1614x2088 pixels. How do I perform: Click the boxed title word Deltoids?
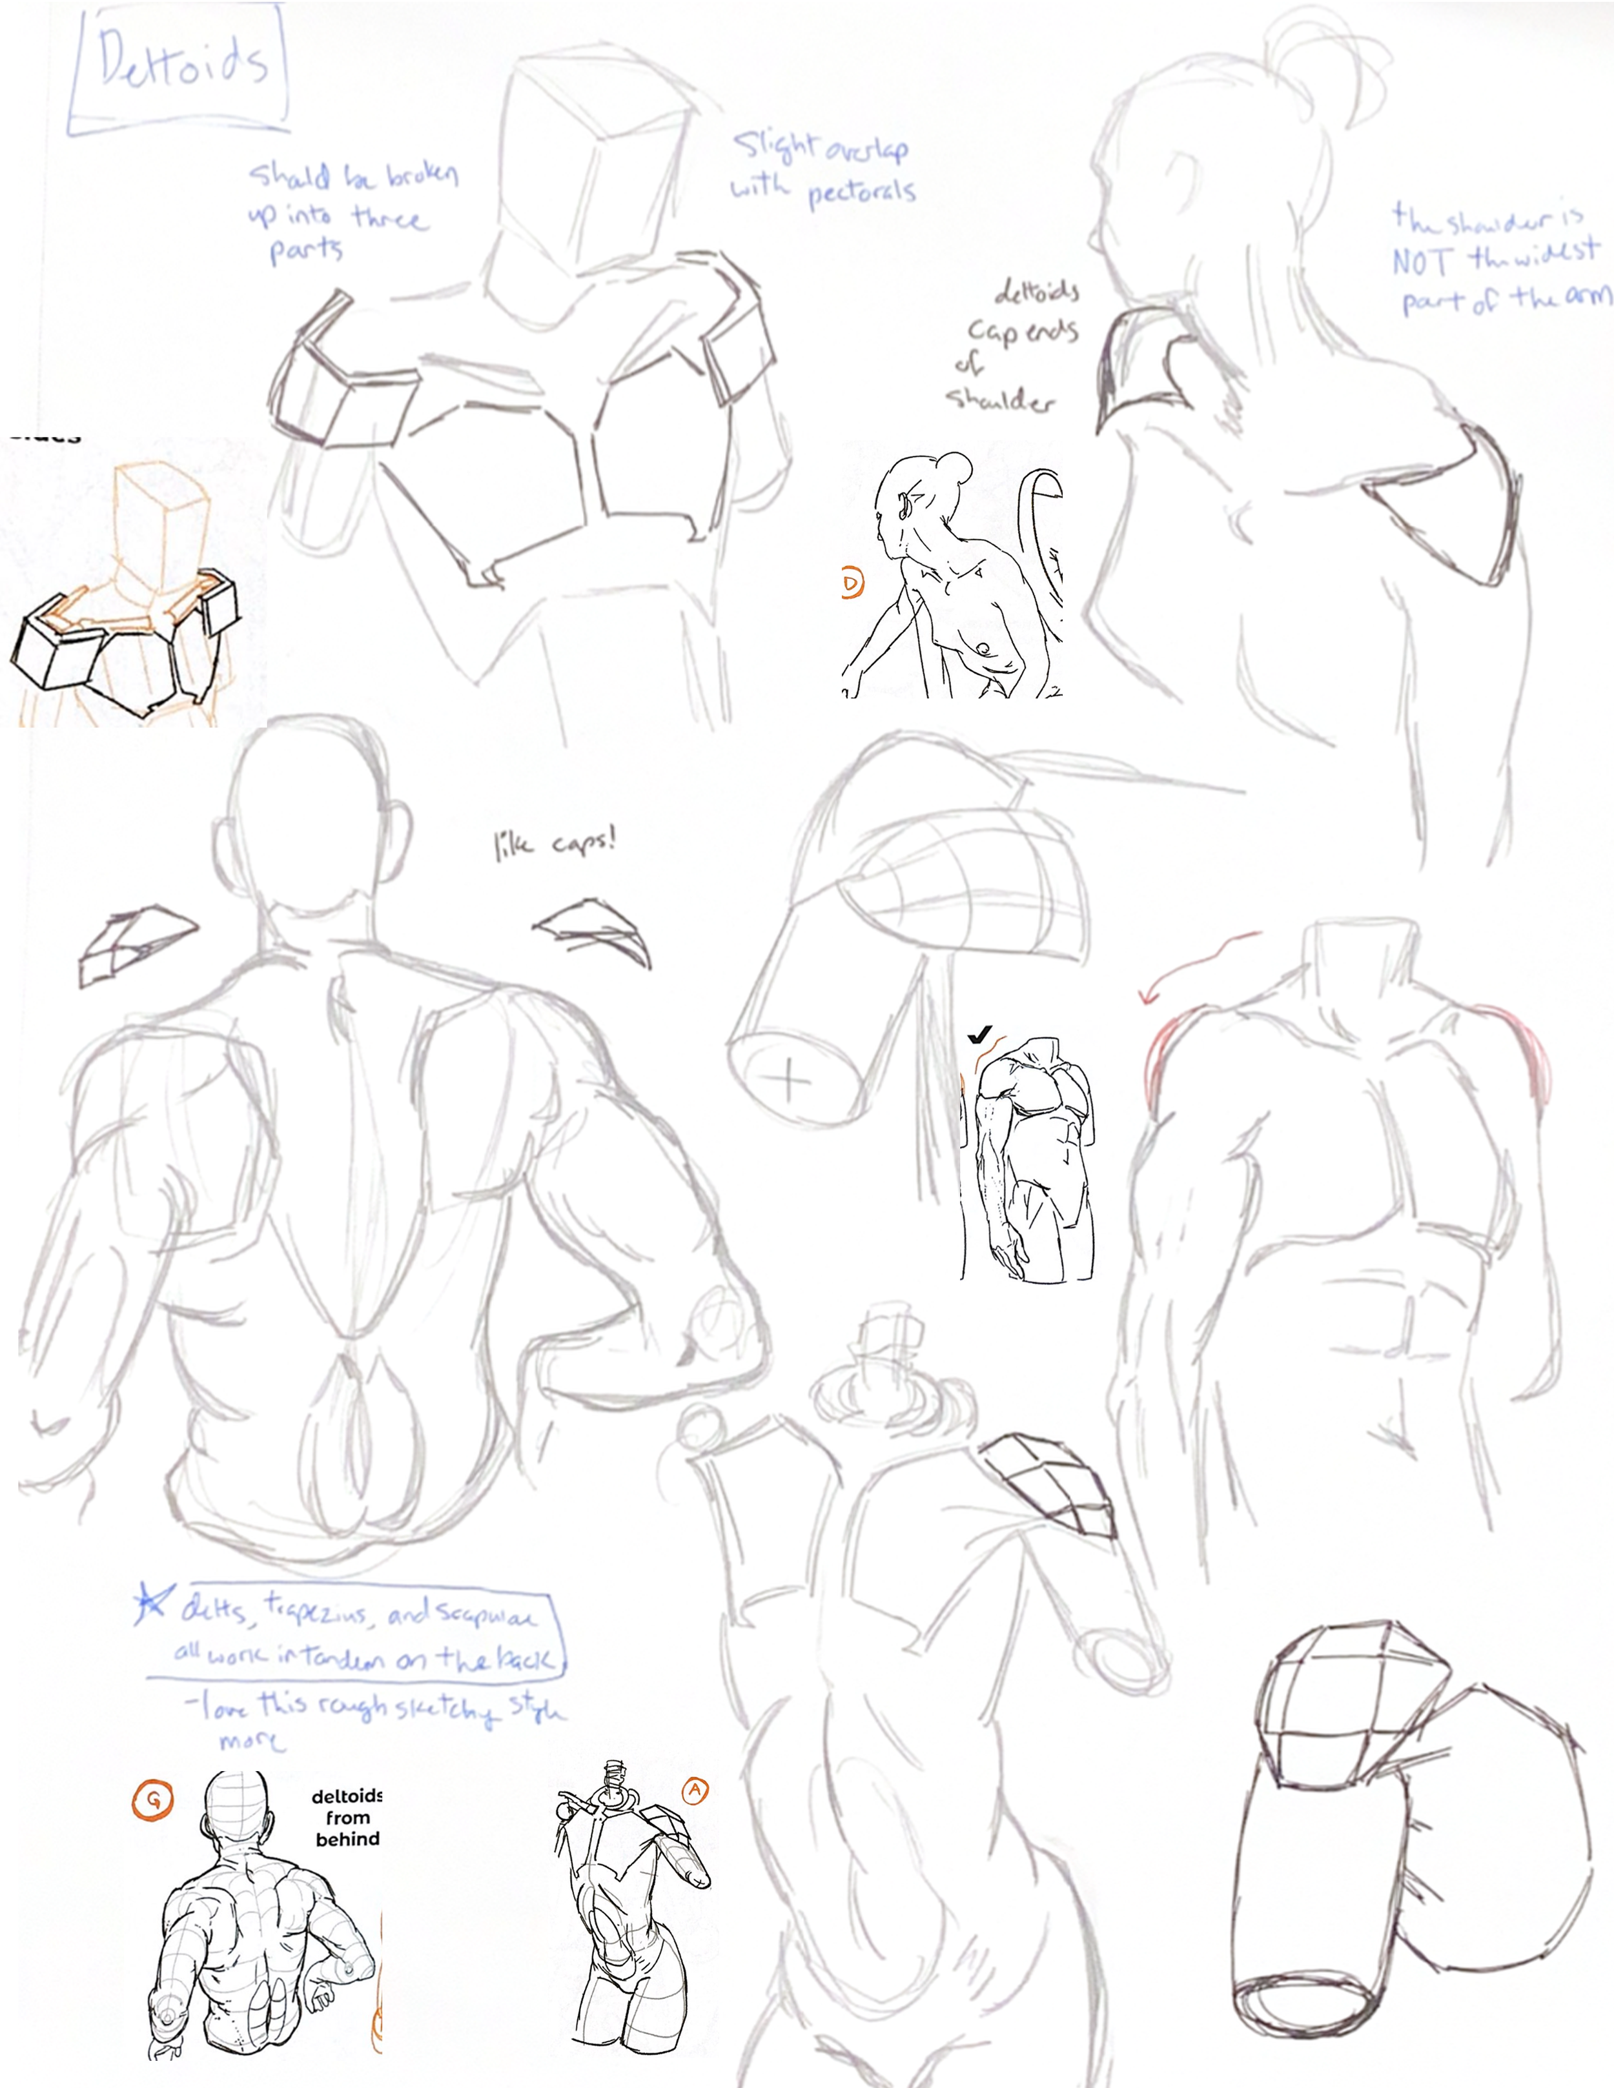(x=181, y=65)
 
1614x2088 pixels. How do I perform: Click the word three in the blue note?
(x=389, y=218)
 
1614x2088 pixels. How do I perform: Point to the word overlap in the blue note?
(x=865, y=151)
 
